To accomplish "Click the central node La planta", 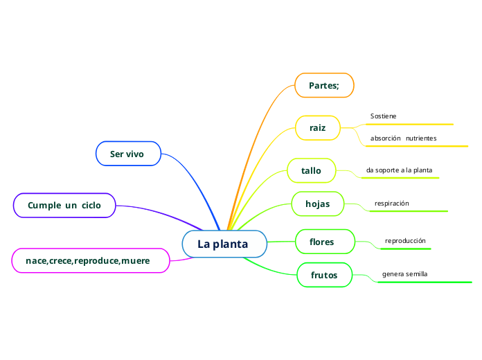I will click(224, 244).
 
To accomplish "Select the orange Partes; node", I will click(324, 85).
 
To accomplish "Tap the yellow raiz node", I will click(319, 128).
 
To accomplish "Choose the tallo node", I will click(312, 170).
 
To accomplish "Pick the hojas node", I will click(318, 204).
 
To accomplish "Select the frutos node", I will click(324, 275).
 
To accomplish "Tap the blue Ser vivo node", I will click(127, 154).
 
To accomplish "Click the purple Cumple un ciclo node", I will click(64, 206).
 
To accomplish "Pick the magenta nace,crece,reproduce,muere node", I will click(91, 260).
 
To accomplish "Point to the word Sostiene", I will click(384, 116).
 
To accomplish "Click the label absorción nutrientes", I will click(403, 138).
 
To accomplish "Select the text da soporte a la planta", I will click(399, 170).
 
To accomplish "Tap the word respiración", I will click(392, 204).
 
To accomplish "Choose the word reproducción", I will click(405, 241).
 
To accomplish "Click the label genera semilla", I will click(404, 274).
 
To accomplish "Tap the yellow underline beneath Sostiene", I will click(409, 125).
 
